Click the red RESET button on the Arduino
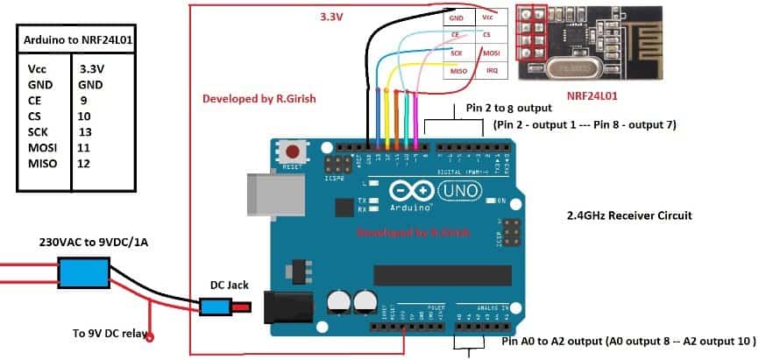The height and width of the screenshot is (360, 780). (293, 153)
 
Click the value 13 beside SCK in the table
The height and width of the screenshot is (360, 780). (85, 131)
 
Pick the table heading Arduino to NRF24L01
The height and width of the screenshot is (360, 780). (76, 39)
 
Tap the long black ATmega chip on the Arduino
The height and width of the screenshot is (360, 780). (442, 275)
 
